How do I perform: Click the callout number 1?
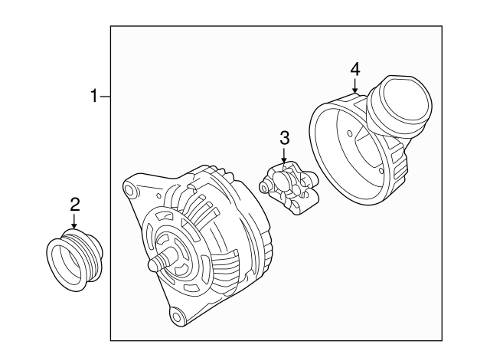[x=95, y=97]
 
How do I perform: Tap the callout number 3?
[x=284, y=138]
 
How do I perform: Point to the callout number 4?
[x=354, y=69]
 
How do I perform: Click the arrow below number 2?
[x=74, y=222]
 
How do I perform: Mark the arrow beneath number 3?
[x=284, y=156]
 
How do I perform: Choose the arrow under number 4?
[x=354, y=87]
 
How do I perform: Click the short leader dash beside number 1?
[x=106, y=97]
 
